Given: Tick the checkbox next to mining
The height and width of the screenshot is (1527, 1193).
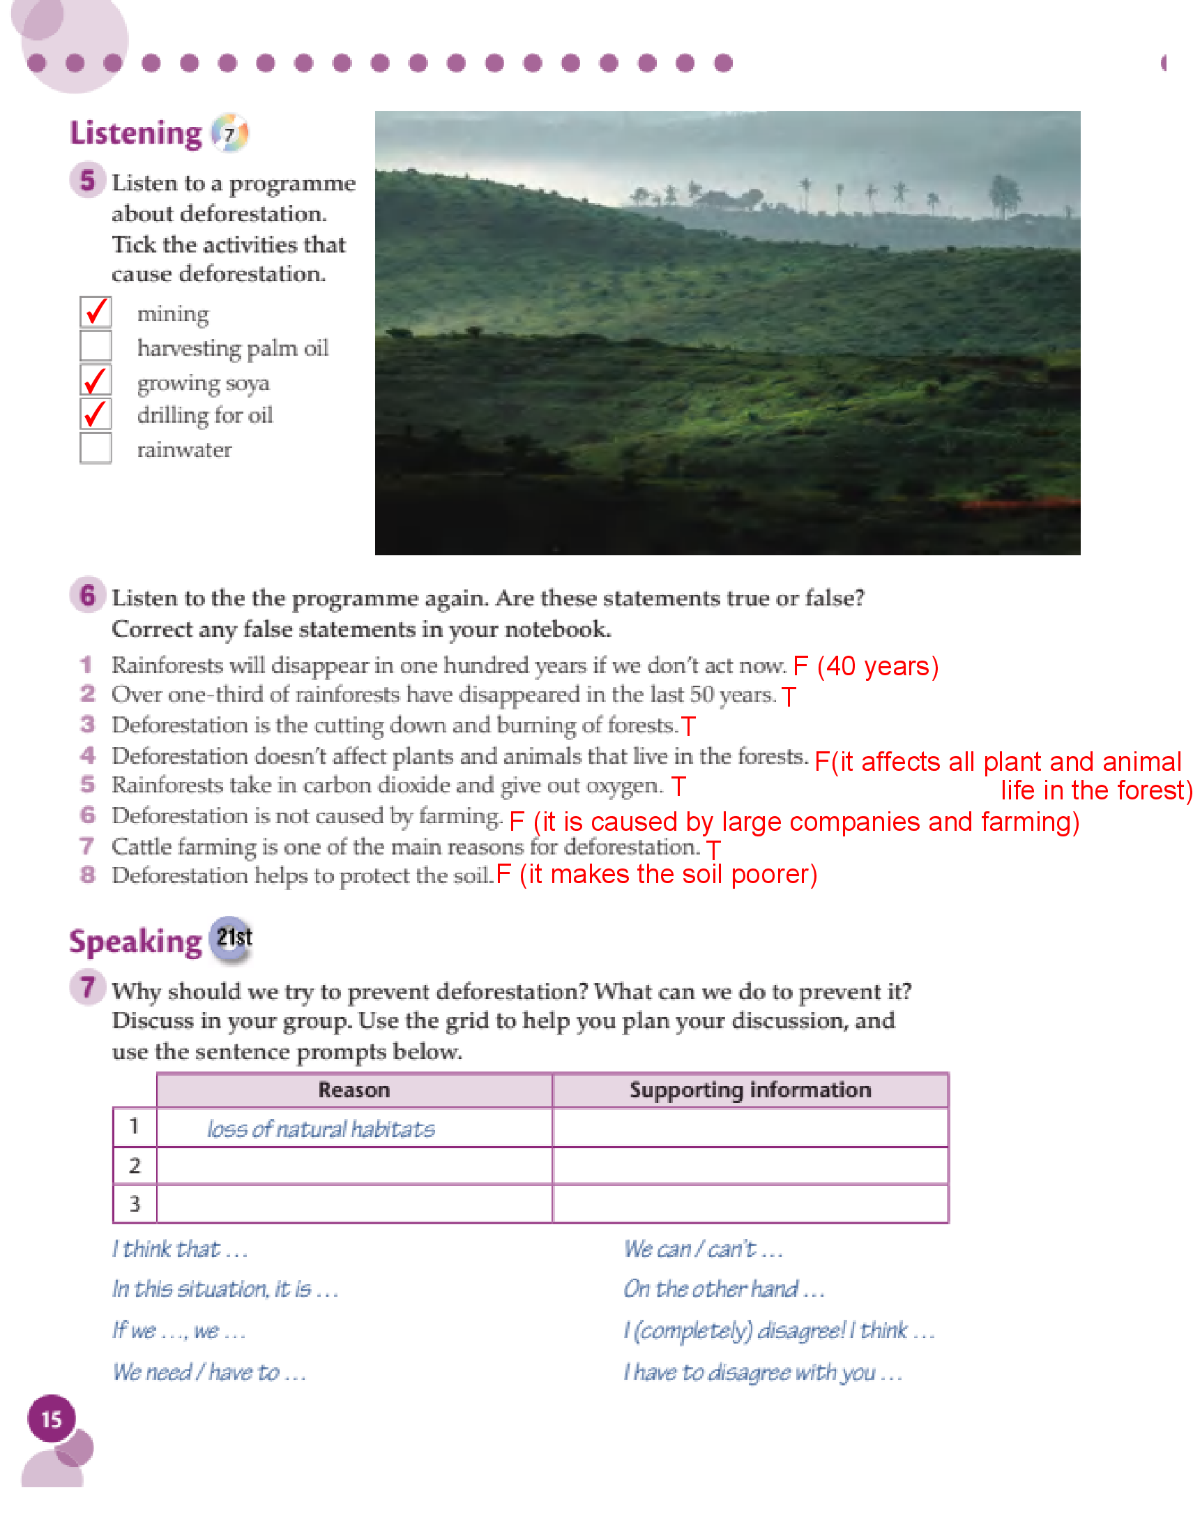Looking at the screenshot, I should pos(96,312).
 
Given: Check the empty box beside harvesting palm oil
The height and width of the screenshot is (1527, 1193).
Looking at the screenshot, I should pos(96,345).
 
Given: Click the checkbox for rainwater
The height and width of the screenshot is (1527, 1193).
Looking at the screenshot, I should pos(96,448).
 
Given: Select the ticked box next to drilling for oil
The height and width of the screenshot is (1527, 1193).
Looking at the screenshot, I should pos(96,414).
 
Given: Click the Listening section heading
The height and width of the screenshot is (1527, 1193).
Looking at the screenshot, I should pos(135,133).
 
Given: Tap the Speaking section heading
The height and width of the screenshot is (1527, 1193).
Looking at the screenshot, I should pos(135,941).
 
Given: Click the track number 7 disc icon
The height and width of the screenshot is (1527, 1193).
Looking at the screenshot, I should pos(230,133).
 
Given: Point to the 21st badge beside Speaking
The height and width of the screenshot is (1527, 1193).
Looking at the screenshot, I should pos(234,938).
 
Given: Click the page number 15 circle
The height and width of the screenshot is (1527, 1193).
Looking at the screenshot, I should pos(51,1420).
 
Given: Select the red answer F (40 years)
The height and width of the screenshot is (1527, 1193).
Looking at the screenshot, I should pos(865,666).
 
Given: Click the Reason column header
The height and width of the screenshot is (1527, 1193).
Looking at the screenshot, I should pos(354,1090).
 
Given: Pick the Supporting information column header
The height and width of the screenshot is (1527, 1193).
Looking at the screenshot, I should pos(750,1090).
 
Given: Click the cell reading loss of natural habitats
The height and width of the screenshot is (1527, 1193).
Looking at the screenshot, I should pos(321,1129).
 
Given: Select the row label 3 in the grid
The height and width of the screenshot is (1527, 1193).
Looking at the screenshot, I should pos(135,1204).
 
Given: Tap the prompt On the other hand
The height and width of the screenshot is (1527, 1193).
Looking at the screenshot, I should pos(724,1288).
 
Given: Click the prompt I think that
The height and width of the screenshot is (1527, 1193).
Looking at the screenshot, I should pos(180,1249).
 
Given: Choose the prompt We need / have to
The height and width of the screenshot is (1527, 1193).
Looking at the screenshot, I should pos(208,1371).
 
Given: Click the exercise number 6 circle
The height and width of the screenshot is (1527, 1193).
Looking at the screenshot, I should pos(87,596).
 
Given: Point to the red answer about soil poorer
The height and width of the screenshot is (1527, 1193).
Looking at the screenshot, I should pos(657,875).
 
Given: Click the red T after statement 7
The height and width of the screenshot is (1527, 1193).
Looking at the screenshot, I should pos(713,850).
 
